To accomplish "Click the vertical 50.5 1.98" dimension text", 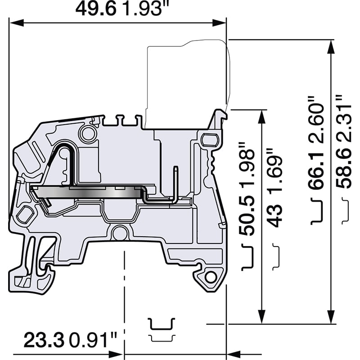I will coord(247,189).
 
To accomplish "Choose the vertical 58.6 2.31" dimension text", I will coord(344,142).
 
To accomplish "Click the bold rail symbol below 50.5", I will coord(247,257).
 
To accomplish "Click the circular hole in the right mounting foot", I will coord(210,277).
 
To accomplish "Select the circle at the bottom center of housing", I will coord(119,233).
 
